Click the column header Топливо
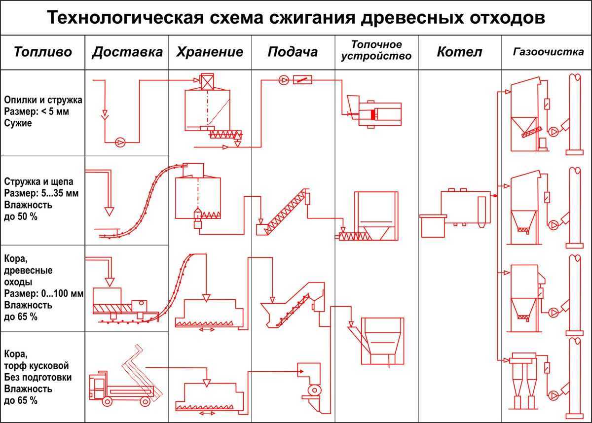pos(43,52)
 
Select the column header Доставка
pos(127,52)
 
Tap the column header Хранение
pos(210,52)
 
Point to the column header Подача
pos(293,52)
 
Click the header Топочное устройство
pos(377,50)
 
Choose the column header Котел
pos(459,52)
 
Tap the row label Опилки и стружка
pos(43,100)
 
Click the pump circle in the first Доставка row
pos(120,142)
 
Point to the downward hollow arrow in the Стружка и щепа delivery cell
pos(109,209)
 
